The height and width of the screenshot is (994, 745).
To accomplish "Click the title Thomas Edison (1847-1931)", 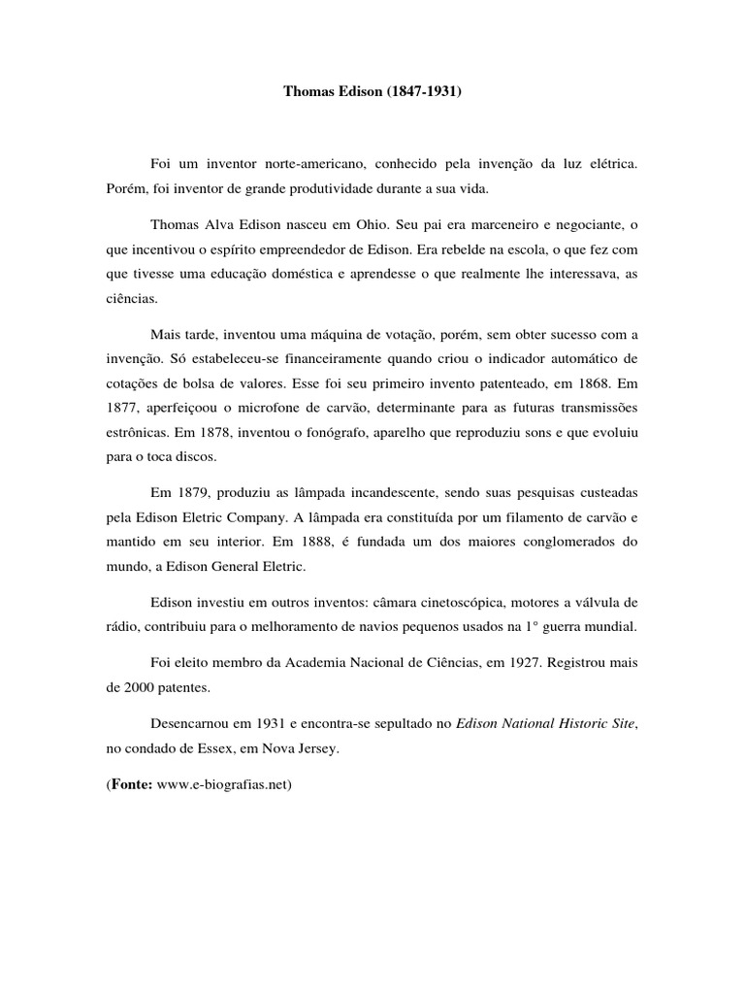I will tap(372, 94).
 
